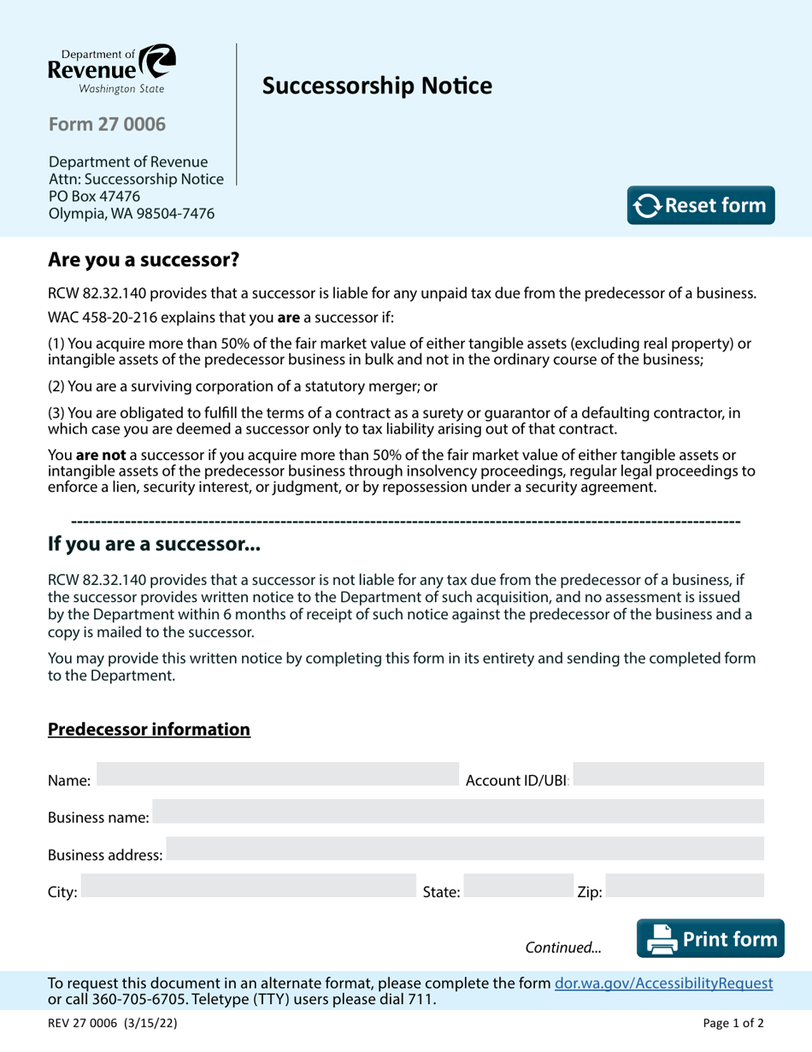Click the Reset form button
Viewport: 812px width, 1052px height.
point(701,205)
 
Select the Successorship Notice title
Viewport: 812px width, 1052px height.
point(377,86)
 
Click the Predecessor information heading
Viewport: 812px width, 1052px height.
point(149,730)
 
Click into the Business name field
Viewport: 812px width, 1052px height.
point(457,811)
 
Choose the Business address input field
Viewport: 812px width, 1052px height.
point(464,848)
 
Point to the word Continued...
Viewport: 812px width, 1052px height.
point(563,948)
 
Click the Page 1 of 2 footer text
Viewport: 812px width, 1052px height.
point(733,1023)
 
